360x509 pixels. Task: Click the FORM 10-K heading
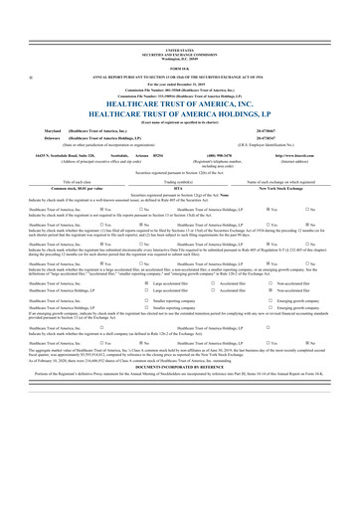(x=181, y=39)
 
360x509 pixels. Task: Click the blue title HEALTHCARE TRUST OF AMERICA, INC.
(x=181, y=76)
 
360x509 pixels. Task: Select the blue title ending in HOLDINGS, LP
(x=181, y=86)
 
